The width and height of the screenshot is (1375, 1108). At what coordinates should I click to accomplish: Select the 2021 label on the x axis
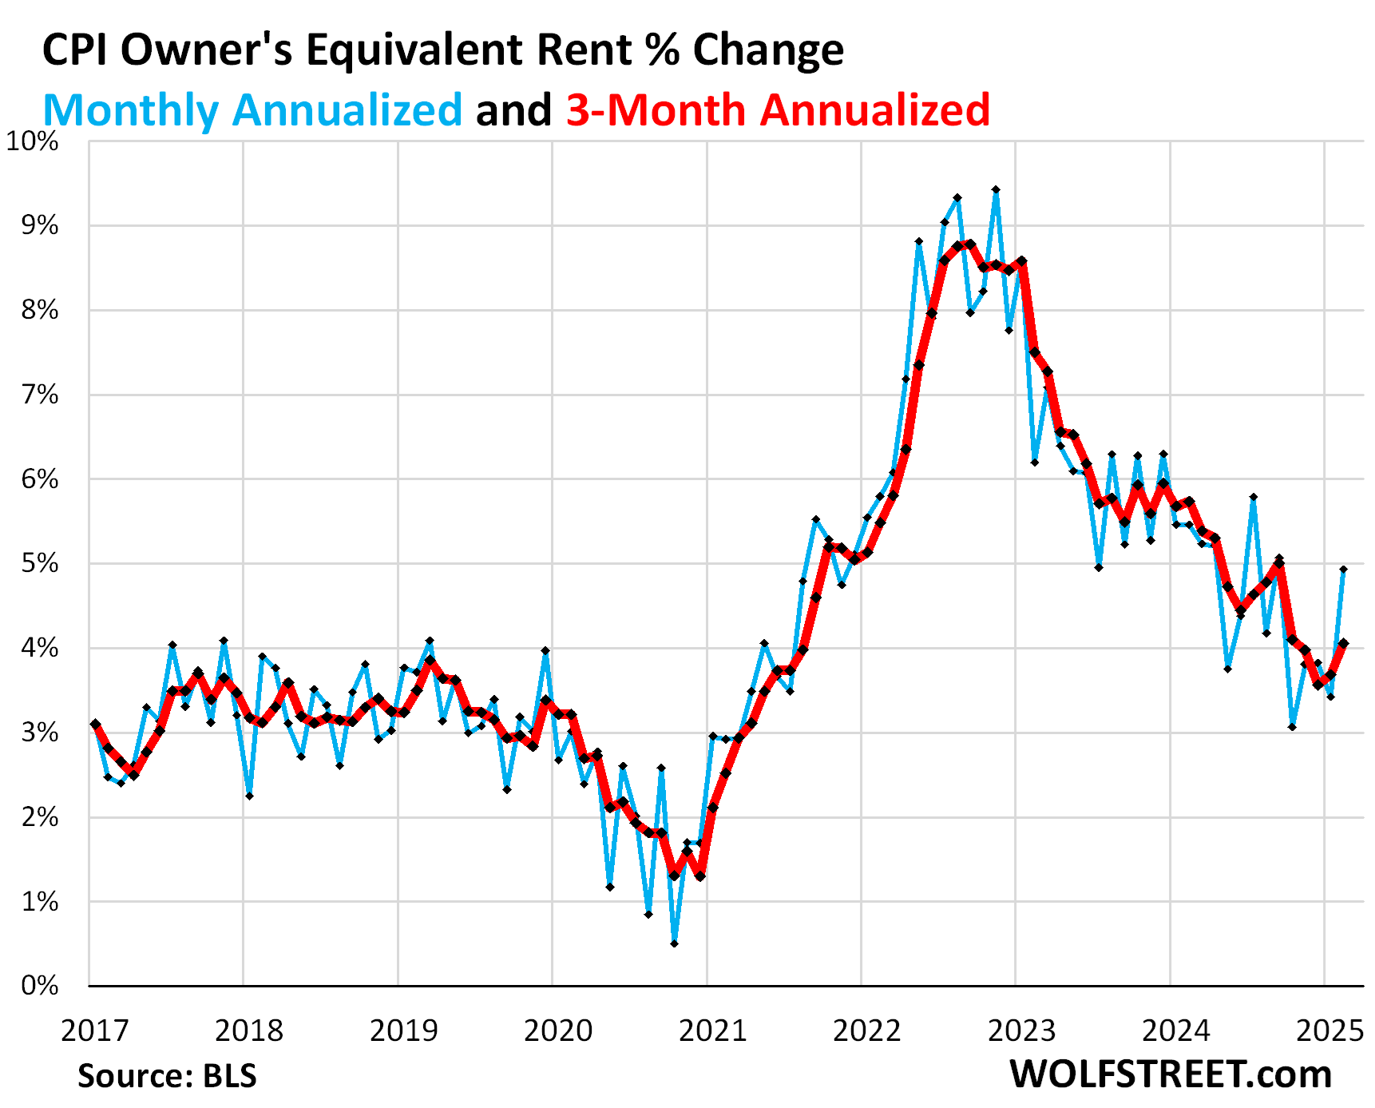[x=712, y=1031]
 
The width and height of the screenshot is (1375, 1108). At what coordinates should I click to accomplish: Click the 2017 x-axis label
[x=94, y=1031]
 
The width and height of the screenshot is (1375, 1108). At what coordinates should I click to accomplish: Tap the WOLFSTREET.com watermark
[x=1171, y=1074]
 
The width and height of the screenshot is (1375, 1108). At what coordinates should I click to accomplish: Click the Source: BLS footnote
[x=167, y=1075]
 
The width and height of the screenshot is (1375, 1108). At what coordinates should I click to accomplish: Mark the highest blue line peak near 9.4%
[x=996, y=190]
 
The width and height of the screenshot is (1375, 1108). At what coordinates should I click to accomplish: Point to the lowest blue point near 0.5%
[x=675, y=943]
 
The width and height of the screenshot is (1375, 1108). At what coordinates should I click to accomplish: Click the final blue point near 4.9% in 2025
[x=1344, y=570]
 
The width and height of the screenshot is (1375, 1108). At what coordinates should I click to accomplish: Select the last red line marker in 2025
[x=1344, y=643]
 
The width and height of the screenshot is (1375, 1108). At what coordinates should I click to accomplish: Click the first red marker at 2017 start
[x=95, y=724]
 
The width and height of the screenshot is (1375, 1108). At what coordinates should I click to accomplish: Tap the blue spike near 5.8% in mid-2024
[x=1254, y=497]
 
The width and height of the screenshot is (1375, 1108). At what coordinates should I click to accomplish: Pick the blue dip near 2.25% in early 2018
[x=249, y=796]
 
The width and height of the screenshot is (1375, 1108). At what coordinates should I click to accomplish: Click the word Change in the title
[x=768, y=50]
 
